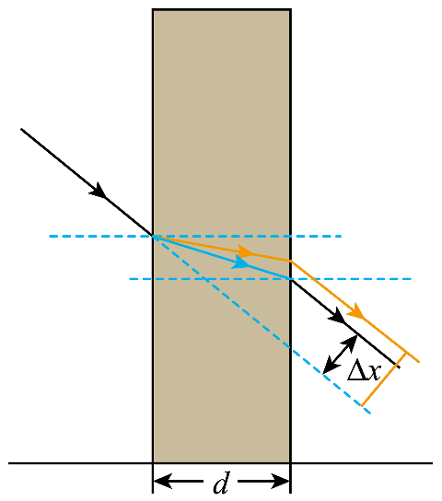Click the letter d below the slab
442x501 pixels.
pyautogui.click(x=221, y=483)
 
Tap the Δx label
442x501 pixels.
pyautogui.click(x=364, y=370)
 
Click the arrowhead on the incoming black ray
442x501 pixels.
pyautogui.click(x=99, y=191)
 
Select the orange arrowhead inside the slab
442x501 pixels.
pyautogui.click(x=245, y=251)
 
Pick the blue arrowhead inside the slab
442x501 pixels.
pyautogui.click(x=241, y=262)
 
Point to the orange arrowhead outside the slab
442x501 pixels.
pyautogui.click(x=356, y=311)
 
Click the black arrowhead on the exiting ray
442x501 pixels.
pyautogui.click(x=337, y=315)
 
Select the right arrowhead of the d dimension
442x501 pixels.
pyautogui.click(x=280, y=481)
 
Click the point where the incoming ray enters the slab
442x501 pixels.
pyautogui.click(x=153, y=237)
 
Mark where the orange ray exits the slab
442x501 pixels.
pyautogui.click(x=291, y=261)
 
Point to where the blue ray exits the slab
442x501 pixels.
pyautogui.click(x=291, y=279)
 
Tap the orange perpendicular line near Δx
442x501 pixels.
pyautogui.click(x=384, y=379)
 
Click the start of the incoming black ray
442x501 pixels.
pyautogui.click(x=21, y=129)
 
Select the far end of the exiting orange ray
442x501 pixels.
pyautogui.click(x=419, y=362)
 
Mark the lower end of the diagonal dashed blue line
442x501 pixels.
pyautogui.click(x=370, y=414)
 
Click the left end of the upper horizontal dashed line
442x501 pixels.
pyautogui.click(x=49, y=237)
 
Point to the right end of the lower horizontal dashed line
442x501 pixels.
pyautogui.click(x=412, y=279)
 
